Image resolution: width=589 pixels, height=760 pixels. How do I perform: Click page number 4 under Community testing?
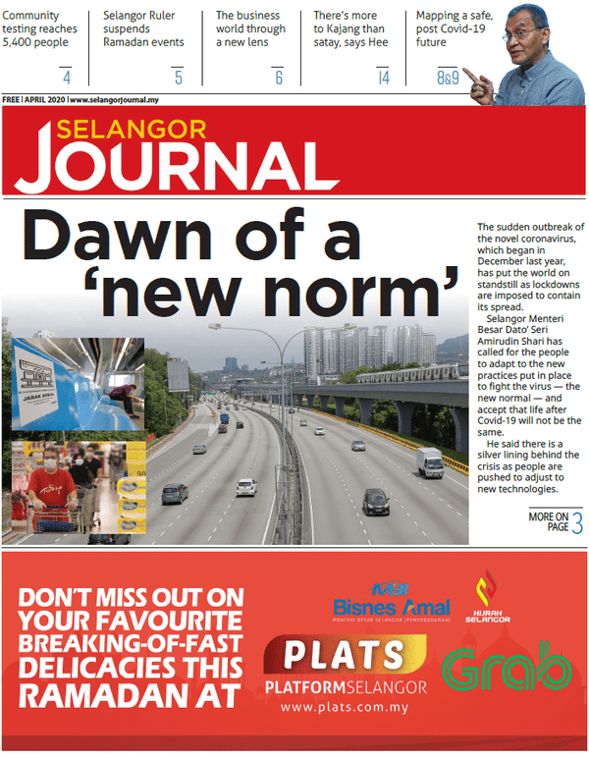coord(67,78)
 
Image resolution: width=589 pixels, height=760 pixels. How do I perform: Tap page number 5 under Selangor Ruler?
coord(178,78)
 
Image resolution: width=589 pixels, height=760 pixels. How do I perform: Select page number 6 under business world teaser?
coord(279,78)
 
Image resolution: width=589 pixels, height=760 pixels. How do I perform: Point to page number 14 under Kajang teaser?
coord(384,78)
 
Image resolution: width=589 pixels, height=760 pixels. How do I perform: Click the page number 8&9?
coord(448,78)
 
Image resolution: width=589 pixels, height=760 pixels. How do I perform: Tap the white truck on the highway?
coord(429,461)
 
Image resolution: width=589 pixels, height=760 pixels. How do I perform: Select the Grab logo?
coord(507,668)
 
